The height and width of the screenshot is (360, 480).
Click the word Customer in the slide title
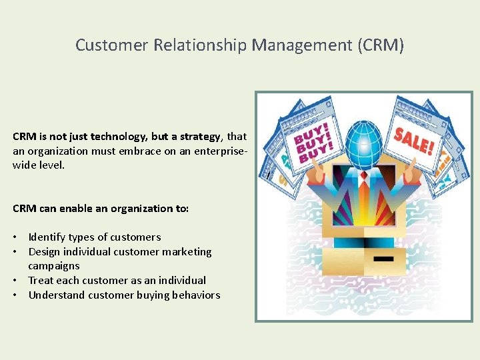point(112,45)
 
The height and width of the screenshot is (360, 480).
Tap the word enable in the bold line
point(75,209)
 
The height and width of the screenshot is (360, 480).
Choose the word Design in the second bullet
point(44,252)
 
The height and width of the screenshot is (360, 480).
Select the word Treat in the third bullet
point(41,281)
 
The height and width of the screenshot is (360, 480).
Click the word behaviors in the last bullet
point(195,295)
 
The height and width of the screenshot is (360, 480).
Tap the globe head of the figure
point(364,142)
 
